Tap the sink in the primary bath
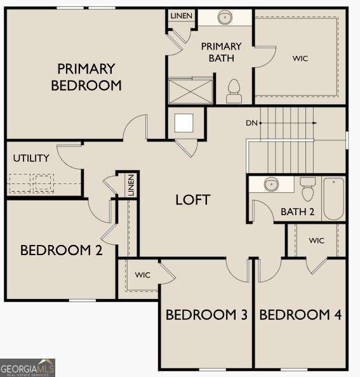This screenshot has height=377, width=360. click(225, 18)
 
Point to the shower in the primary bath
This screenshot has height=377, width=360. click(189, 89)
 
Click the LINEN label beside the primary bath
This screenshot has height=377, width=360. click(181, 15)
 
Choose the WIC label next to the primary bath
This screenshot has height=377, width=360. click(300, 58)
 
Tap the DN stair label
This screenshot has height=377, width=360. click(252, 123)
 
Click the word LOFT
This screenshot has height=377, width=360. click(193, 200)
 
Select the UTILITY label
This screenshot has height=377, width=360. click(31, 158)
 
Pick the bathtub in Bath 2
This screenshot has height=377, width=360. click(333, 198)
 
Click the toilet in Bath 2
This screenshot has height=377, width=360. click(308, 188)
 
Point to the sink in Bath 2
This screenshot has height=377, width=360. click(272, 184)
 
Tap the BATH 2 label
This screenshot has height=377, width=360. click(298, 212)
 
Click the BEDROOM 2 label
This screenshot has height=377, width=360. click(61, 250)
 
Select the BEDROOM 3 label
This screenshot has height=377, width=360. click(206, 315)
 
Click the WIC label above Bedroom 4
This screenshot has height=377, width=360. click(317, 241)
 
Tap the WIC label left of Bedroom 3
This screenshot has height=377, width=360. click(142, 275)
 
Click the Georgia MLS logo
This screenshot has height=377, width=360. click(28, 367)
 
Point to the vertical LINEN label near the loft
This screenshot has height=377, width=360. click(130, 186)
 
